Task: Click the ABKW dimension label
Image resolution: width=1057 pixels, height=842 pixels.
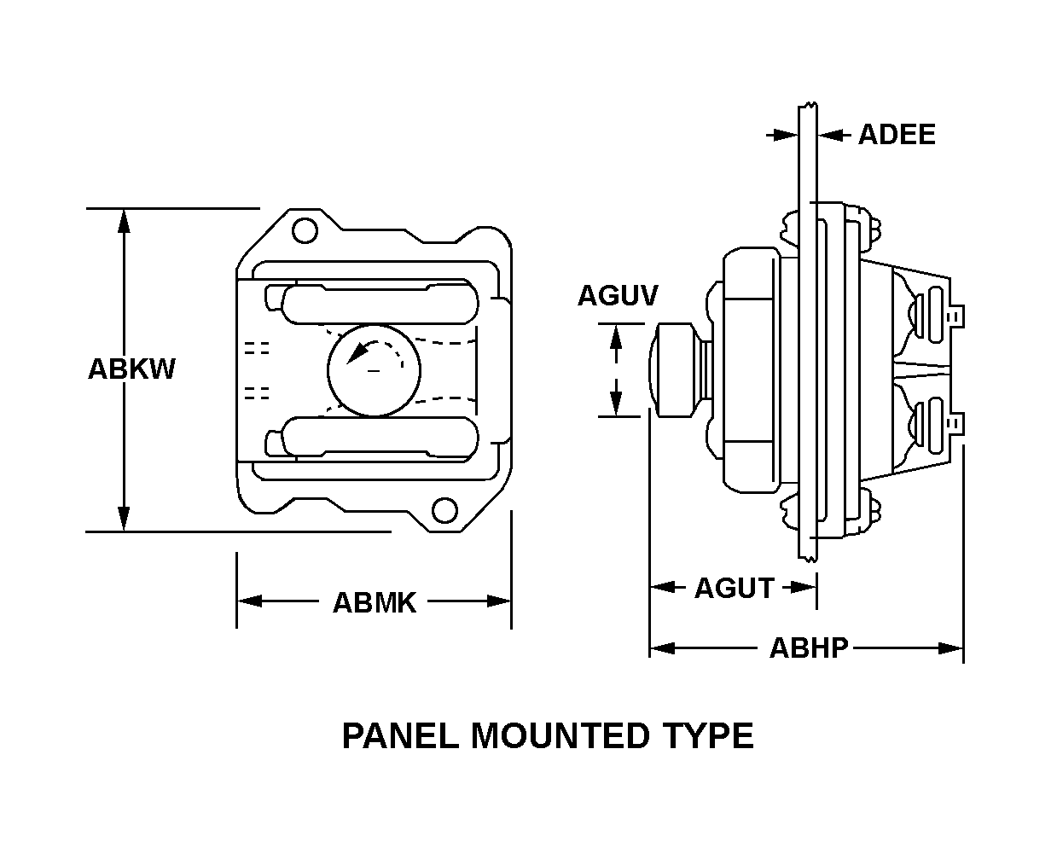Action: coord(131,369)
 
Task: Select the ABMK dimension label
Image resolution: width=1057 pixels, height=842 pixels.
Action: coord(374,602)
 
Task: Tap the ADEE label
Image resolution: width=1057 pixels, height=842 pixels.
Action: coord(896,135)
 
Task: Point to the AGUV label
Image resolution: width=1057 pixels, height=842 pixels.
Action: coord(618,295)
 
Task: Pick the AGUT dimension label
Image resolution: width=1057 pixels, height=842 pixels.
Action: coord(734,588)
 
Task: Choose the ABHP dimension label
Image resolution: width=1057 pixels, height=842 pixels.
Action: coord(809,648)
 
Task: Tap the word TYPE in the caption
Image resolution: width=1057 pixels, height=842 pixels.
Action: coord(706,735)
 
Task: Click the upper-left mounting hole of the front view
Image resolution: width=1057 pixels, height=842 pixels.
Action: coord(303,230)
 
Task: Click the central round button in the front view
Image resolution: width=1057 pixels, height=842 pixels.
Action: coord(374,369)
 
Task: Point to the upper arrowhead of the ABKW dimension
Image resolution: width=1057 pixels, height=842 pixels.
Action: coord(125,220)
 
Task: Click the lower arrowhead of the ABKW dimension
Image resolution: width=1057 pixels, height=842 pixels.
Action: coord(125,519)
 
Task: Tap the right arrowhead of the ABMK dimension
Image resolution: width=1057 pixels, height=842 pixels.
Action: coord(500,601)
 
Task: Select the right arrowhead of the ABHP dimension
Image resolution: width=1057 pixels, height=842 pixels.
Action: coord(952,648)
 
